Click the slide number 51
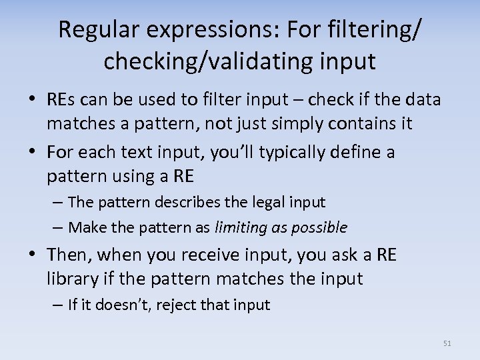[x=447, y=343]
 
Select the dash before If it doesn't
[x=59, y=305]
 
